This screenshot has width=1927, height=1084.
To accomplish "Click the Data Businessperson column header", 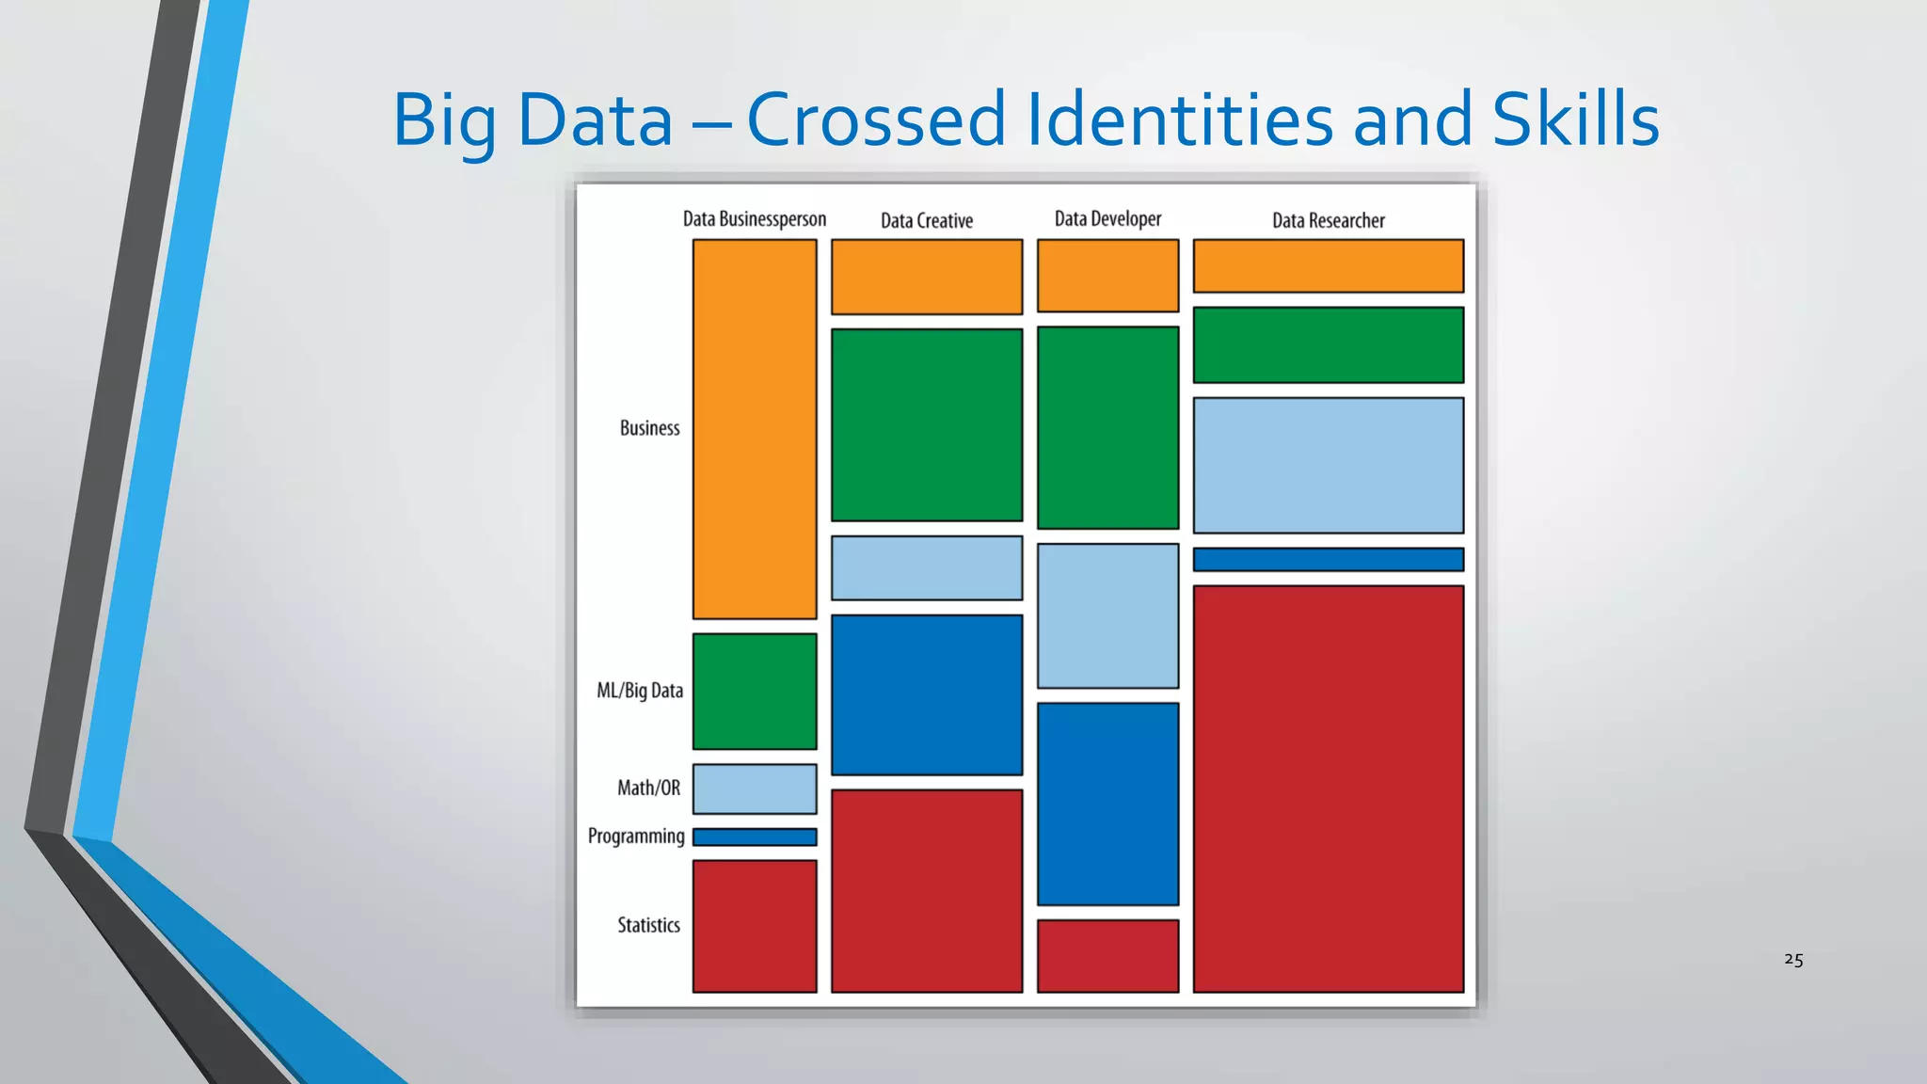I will (x=754, y=219).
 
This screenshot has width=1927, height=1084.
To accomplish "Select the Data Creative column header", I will (x=926, y=221).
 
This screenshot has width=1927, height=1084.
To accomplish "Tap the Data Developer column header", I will (x=1107, y=219).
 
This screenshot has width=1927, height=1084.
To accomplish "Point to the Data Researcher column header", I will (x=1328, y=221).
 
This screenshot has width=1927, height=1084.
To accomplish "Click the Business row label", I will (x=649, y=428).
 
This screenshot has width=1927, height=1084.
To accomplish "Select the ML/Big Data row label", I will (x=640, y=691).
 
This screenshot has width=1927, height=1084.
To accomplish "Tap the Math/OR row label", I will (x=648, y=788).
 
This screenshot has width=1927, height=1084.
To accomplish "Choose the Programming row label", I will (x=636, y=836).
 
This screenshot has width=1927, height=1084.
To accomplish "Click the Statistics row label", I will (x=648, y=925).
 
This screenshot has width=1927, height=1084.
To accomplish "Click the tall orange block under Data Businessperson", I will (x=755, y=429).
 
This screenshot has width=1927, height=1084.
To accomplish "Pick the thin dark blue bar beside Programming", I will (x=755, y=837).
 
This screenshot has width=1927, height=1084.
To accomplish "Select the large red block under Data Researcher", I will (x=1328, y=789).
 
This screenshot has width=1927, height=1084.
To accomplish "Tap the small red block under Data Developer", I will (x=1107, y=955).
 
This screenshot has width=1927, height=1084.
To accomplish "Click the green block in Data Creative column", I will (x=926, y=424).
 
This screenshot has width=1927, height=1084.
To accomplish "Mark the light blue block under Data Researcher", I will (x=1328, y=465).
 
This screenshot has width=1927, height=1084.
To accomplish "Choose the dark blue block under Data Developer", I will (x=1107, y=804).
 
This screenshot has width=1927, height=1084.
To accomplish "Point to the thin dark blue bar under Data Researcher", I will (x=1328, y=560).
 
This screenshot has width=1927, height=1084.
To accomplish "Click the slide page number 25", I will (x=1793, y=960).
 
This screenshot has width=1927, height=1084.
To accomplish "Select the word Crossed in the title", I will (x=876, y=120).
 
